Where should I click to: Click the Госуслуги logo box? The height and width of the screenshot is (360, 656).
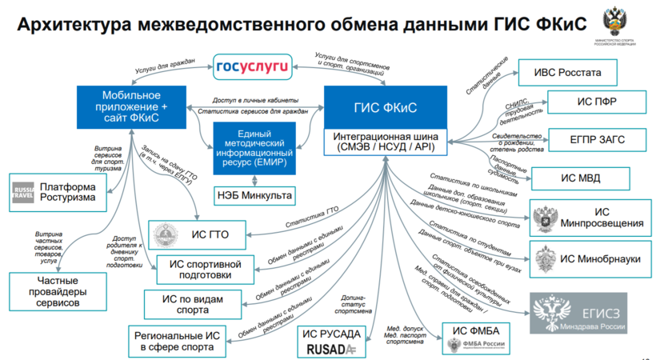[x=254, y=66]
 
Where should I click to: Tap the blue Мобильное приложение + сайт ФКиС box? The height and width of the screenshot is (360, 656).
[x=130, y=106]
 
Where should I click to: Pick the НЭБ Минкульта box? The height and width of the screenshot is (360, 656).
[x=254, y=194]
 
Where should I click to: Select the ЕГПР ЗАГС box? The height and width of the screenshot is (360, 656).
[x=591, y=139]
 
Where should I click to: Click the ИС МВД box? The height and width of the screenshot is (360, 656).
[x=578, y=176]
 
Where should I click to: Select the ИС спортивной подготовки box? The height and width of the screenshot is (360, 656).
[x=206, y=269]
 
